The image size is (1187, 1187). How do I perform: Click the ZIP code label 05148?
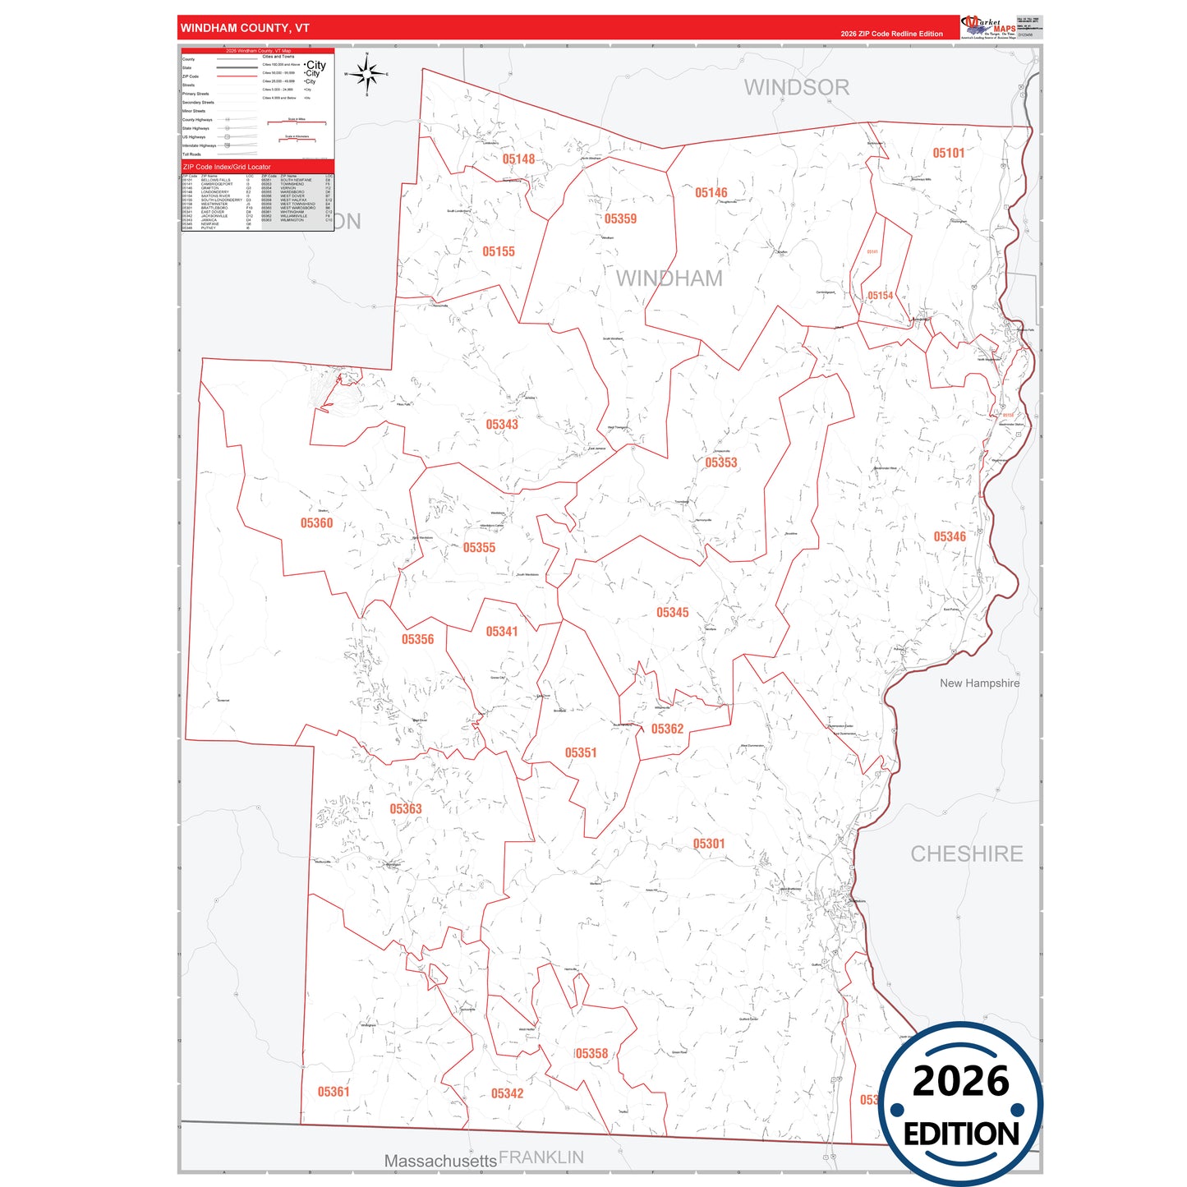click(518, 159)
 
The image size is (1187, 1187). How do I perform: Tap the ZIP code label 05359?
click(620, 219)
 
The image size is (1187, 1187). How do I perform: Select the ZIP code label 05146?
click(711, 193)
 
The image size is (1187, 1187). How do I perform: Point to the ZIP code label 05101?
click(948, 153)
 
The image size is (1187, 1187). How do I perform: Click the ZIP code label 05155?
click(498, 251)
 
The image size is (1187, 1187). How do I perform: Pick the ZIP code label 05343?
click(501, 425)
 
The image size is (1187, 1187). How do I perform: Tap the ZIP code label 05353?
click(720, 462)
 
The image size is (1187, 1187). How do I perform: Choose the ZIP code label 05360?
click(316, 523)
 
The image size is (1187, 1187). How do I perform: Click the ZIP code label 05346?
click(949, 536)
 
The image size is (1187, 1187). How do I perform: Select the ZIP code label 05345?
click(672, 613)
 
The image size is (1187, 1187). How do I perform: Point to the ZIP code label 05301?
click(708, 844)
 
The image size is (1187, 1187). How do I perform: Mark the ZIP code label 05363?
click(405, 809)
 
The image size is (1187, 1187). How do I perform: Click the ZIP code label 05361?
click(334, 1092)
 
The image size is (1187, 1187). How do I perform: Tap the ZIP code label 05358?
click(591, 1054)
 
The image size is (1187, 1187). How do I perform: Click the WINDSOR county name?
click(796, 87)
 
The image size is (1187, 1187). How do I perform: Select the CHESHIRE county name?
click(966, 854)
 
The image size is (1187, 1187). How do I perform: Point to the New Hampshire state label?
click(979, 683)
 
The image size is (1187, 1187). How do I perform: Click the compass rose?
click(367, 75)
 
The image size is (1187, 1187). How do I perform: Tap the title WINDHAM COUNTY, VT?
click(245, 28)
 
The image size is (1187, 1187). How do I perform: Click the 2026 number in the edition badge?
click(960, 1081)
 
